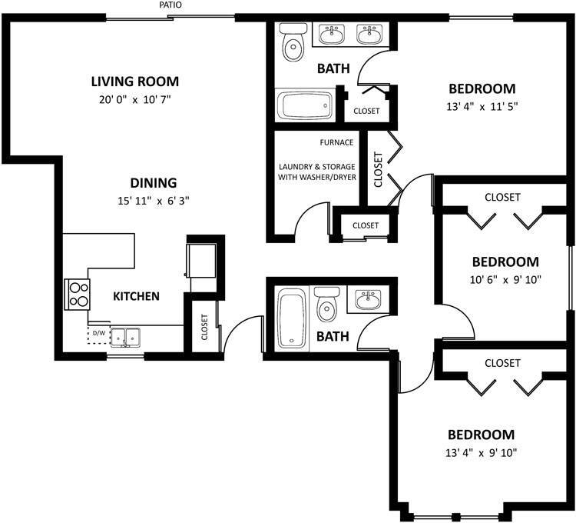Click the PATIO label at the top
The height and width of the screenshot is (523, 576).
pos(170,5)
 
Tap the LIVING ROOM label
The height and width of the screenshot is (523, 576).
pos(134,81)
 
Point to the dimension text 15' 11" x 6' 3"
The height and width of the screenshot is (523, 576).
pos(152,202)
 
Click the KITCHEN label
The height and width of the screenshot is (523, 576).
pos(136,296)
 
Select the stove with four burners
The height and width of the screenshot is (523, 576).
pos(78,293)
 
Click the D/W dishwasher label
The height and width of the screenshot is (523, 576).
pos(99,333)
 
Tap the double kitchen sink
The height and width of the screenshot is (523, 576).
pos(125,336)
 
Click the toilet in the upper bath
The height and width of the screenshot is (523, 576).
pos(292,44)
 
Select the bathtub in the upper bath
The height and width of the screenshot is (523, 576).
pos(305,105)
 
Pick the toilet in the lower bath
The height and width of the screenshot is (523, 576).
pos(326,305)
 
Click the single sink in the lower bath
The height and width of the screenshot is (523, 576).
pos(370,298)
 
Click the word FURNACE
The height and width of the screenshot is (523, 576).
pos(337,142)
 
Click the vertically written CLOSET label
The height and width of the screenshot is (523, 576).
pos(378,169)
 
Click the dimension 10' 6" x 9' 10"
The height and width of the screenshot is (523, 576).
pos(505,280)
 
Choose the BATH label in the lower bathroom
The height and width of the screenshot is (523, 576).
pos(333,336)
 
